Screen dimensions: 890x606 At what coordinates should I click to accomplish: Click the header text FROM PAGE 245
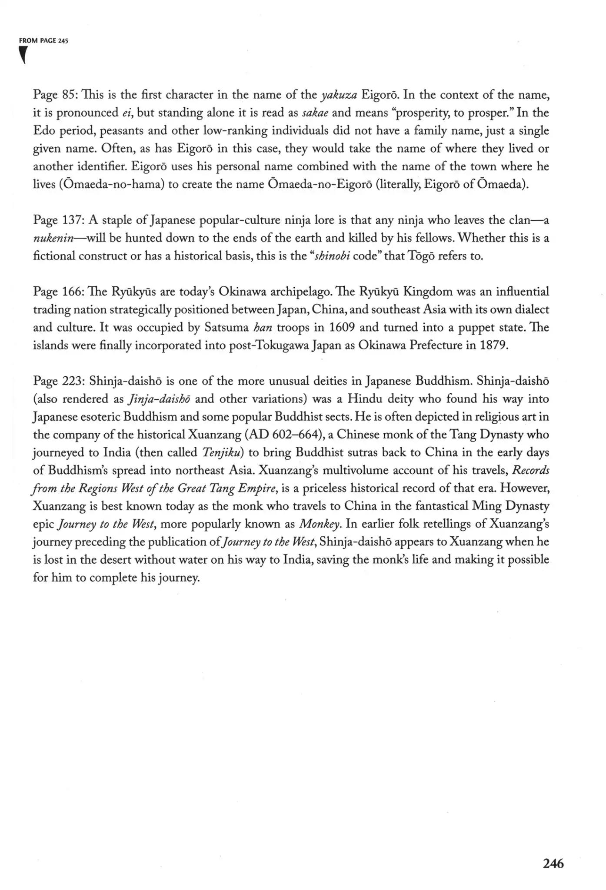pos(44,40)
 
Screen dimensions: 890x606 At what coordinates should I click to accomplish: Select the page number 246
pos(553,863)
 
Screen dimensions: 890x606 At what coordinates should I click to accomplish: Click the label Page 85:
pos(55,95)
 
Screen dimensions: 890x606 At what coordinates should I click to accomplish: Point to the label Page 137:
pos(59,220)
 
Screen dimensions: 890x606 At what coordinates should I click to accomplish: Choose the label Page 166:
pos(59,291)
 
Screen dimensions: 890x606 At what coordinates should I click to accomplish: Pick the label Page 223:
pos(59,381)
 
